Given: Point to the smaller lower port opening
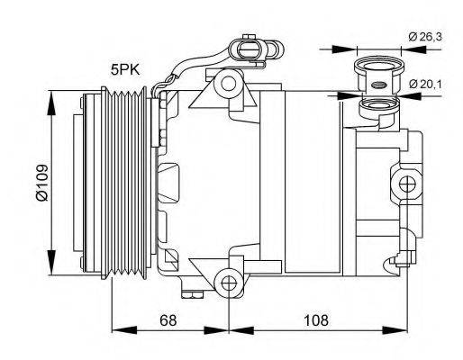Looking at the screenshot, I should tap(377, 112).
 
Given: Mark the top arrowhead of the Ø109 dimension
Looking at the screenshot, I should tap(59, 93).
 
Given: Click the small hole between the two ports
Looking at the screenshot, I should tap(377, 87).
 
